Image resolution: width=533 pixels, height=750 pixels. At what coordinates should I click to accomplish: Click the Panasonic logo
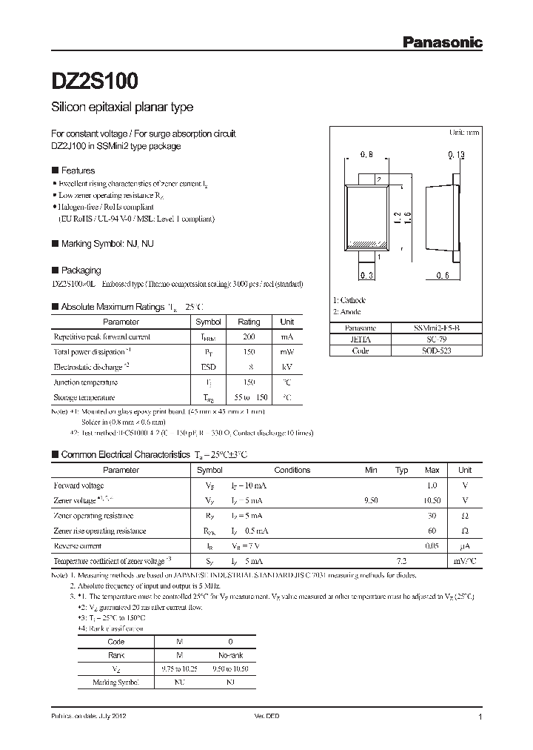[442, 42]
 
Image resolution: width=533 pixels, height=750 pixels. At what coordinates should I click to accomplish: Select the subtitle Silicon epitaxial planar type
[122, 107]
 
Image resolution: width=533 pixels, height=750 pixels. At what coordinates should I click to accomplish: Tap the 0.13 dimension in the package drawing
[457, 155]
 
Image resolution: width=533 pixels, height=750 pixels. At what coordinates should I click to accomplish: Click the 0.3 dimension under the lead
[366, 276]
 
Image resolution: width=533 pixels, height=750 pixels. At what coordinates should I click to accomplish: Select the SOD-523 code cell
[432, 351]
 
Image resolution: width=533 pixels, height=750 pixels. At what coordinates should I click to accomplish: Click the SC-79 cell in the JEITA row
[432, 339]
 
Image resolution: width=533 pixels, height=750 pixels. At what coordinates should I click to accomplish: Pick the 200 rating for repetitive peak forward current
[249, 336]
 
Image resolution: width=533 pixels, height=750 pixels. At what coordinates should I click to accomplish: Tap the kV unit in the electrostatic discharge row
[287, 367]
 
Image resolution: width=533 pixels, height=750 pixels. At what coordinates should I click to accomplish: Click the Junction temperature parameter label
[85, 382]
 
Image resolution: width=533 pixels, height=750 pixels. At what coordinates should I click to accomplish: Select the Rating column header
[249, 322]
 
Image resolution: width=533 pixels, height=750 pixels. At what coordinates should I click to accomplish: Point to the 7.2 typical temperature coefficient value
[402, 561]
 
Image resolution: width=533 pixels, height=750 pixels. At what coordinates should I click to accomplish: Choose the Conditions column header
[292, 470]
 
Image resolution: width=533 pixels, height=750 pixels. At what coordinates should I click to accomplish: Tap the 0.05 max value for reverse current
[432, 545]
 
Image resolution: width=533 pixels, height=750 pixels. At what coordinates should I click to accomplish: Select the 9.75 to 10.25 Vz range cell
[180, 668]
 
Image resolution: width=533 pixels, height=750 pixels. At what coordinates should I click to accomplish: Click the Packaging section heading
[81, 271]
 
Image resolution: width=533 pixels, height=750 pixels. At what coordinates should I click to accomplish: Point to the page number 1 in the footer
[480, 717]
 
